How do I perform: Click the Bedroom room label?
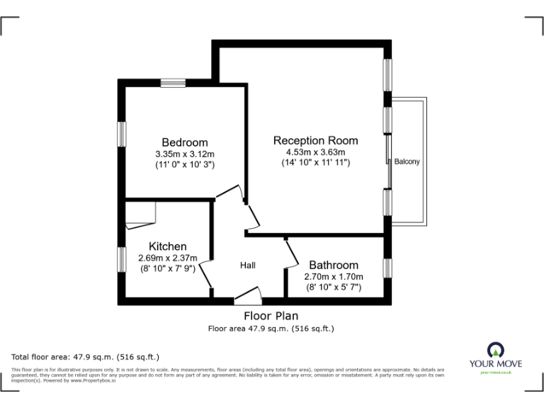[184, 142]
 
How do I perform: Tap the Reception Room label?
[315, 140]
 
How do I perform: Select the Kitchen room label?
[167, 246]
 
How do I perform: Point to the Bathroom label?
[333, 265]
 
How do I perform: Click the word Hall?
[247, 265]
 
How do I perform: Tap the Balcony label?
[407, 161]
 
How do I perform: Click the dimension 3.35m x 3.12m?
[184, 154]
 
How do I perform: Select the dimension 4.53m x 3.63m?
[315, 152]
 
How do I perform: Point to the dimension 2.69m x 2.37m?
[167, 258]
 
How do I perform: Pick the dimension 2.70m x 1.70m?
[333, 276]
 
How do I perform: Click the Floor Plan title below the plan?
[271, 316]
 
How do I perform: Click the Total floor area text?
[86, 356]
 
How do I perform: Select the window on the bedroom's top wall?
[172, 84]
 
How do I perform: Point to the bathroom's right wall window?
[387, 268]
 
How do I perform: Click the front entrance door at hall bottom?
[249, 295]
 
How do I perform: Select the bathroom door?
[290, 252]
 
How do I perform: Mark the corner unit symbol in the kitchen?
[140, 215]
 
